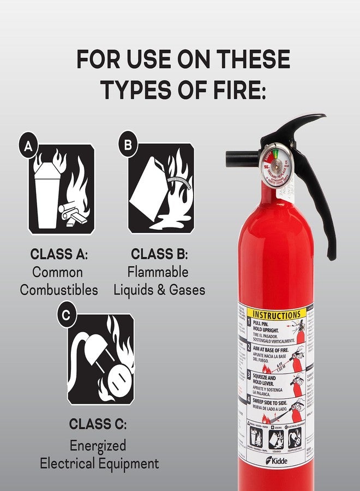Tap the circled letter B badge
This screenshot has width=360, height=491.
pyautogui.click(x=128, y=145)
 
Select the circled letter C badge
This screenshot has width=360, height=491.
pyautogui.click(x=67, y=314)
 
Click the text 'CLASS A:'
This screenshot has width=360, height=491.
pyautogui.click(x=59, y=254)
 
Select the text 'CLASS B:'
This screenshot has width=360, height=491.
pyautogui.click(x=159, y=254)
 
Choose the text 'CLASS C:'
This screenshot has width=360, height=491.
pyautogui.click(x=98, y=424)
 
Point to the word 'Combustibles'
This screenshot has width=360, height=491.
pyautogui.click(x=59, y=290)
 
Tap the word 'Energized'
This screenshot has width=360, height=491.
pyautogui.click(x=98, y=445)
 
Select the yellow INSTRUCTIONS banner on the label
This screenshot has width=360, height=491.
pyautogui.click(x=277, y=315)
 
